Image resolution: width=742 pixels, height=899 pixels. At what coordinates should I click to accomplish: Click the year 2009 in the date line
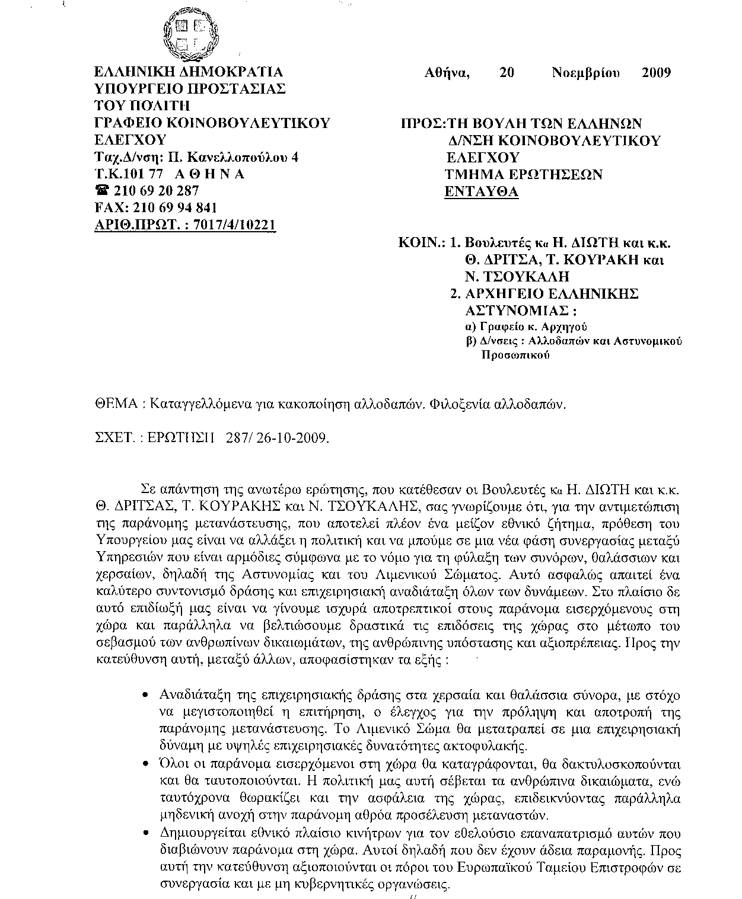[656, 73]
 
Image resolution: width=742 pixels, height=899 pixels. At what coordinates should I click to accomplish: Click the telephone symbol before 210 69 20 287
[101, 191]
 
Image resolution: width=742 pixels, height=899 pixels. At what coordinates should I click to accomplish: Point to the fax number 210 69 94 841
[176, 208]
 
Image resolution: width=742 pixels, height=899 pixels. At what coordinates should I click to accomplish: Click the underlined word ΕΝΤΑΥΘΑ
[482, 191]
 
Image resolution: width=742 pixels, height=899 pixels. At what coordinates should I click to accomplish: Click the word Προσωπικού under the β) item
[514, 356]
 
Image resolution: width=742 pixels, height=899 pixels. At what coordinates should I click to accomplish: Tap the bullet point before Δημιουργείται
[146, 833]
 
